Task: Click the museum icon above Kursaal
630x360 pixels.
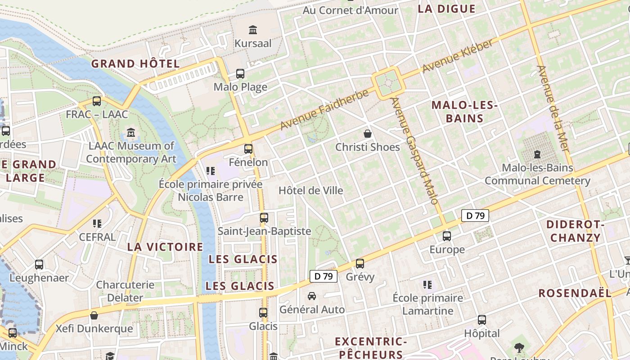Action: [x=253, y=30]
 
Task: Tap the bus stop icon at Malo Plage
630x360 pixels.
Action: [x=240, y=73]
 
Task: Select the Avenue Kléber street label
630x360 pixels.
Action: [x=458, y=56]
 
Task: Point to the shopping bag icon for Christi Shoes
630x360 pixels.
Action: [x=368, y=134]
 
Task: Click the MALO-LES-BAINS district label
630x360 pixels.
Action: [x=464, y=112]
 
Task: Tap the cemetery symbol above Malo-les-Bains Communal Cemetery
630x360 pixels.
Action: [x=537, y=154]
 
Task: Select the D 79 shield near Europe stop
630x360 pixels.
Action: [x=475, y=216]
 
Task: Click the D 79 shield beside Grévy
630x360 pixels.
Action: [x=324, y=276]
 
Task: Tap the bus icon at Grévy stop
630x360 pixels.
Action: [x=360, y=263]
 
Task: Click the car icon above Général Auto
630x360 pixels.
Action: [x=311, y=296]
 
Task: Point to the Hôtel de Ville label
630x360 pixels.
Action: [x=310, y=190]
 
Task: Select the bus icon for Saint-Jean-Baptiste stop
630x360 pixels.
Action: [x=264, y=218]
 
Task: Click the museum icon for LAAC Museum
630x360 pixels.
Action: [x=131, y=132]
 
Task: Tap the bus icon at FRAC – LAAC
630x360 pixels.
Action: [x=97, y=101]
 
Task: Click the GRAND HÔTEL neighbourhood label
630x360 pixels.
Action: [x=135, y=64]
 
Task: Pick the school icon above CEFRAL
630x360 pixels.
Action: [x=97, y=223]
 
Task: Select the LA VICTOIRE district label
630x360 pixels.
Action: [x=165, y=247]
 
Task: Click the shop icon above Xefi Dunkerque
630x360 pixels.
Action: [x=94, y=315]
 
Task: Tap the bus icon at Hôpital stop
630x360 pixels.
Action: [x=482, y=320]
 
